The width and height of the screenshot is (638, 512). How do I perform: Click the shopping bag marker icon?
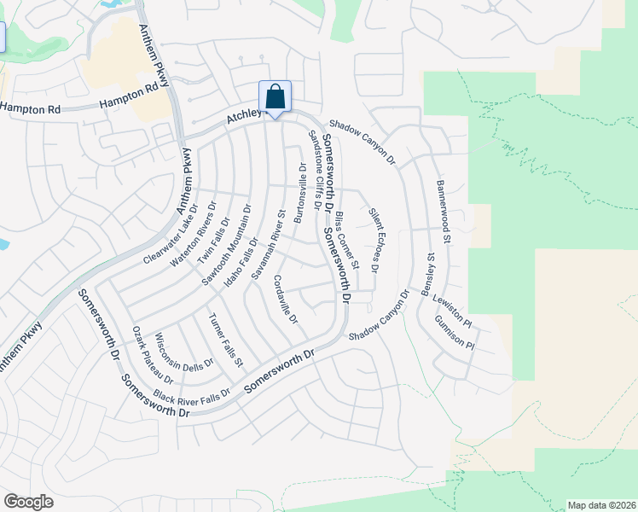pyautogui.click(x=275, y=97)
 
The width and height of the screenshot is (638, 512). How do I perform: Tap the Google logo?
pyautogui.click(x=28, y=502)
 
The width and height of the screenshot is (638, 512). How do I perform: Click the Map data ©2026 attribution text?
pyautogui.click(x=601, y=504)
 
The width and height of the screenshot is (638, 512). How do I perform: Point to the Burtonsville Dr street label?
pyautogui.click(x=299, y=193)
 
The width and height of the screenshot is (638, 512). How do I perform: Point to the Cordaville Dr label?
pyautogui.click(x=286, y=300)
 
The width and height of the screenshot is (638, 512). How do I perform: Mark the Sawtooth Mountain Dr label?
pyautogui.click(x=226, y=243)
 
